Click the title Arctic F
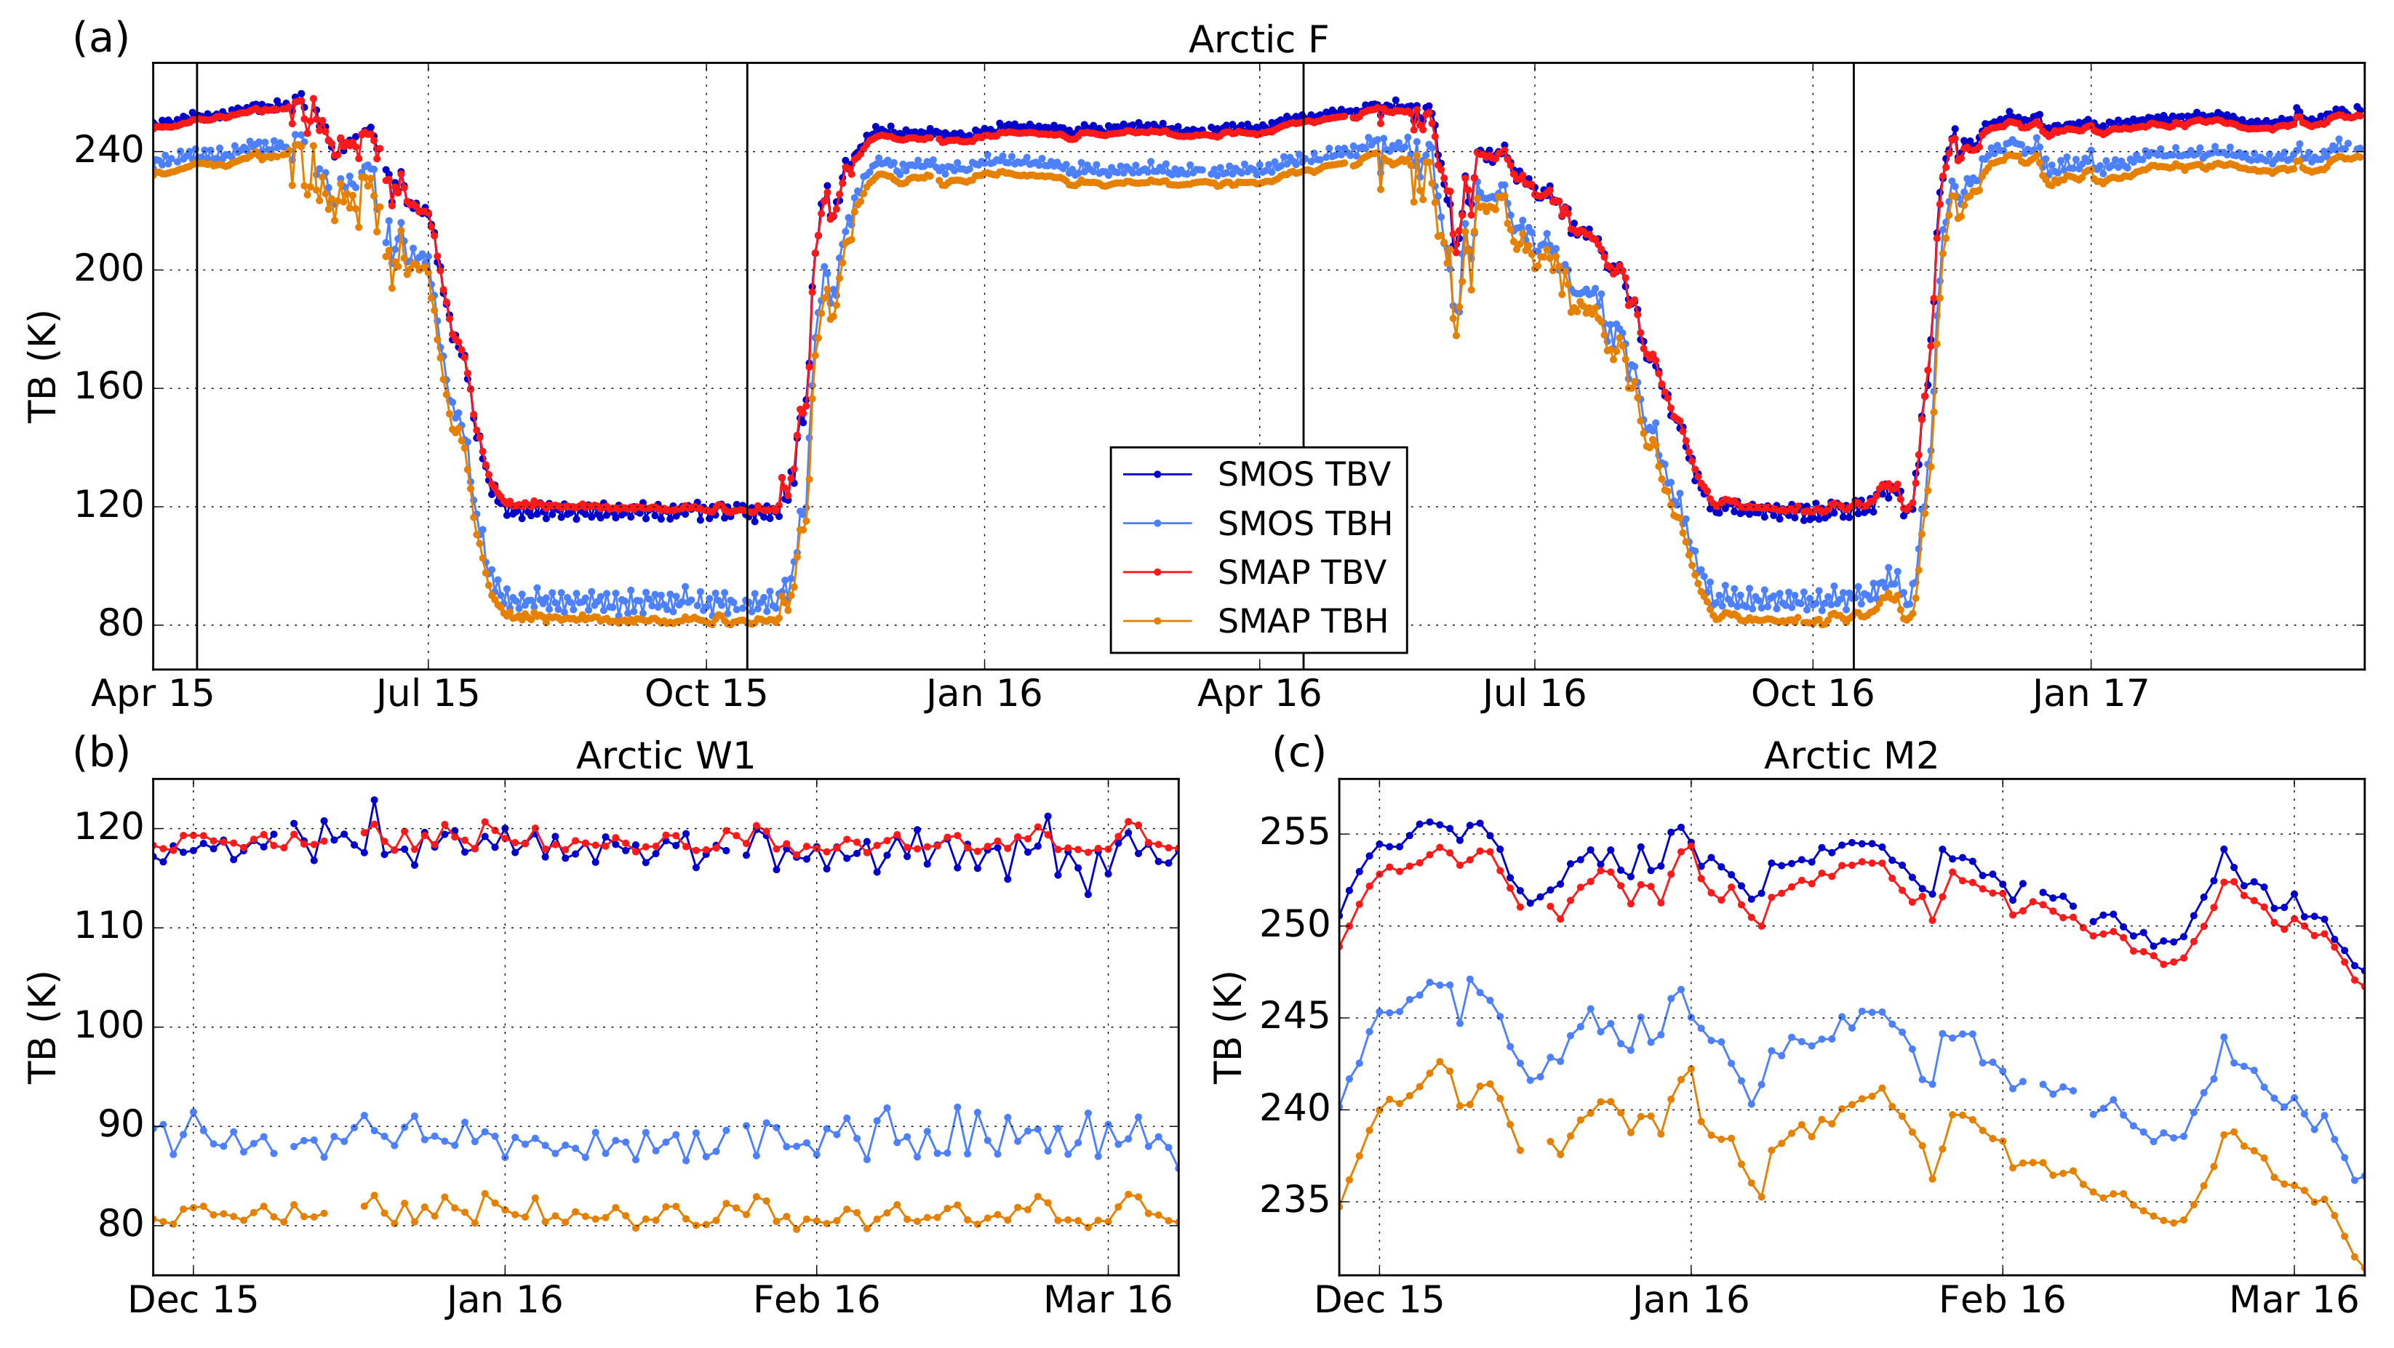1258,40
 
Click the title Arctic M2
1851,755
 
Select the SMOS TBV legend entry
1303,475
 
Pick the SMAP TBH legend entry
1302,621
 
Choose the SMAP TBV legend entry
1301,572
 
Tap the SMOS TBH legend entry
1304,524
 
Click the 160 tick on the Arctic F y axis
108,388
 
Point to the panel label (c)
1298,752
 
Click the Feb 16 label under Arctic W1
816,1300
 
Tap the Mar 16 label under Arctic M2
2293,1300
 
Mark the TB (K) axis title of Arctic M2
1228,1027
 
